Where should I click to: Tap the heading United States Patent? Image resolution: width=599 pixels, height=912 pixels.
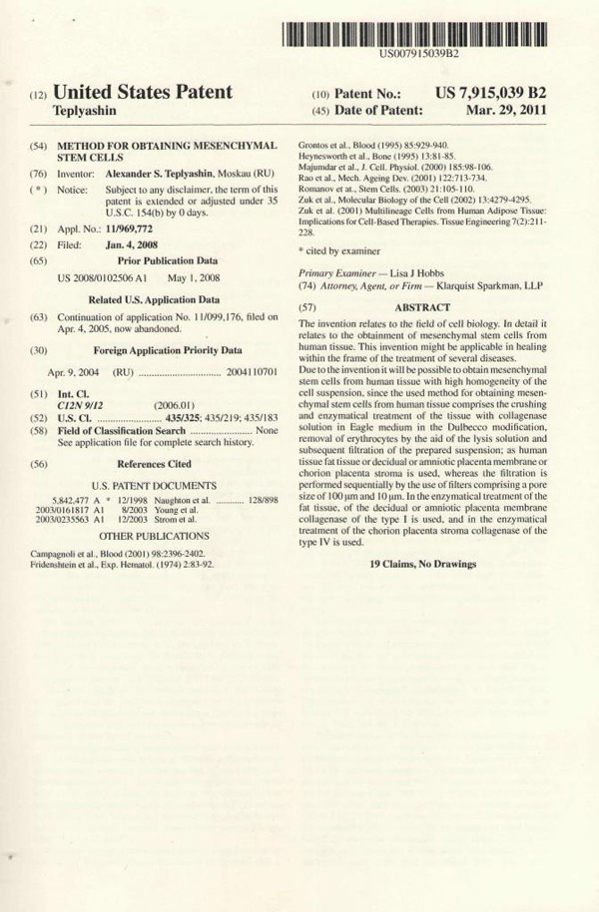click(x=143, y=93)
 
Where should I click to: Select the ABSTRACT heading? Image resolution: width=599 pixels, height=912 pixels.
click(x=422, y=307)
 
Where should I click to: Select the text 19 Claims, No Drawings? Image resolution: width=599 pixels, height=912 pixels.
click(x=422, y=564)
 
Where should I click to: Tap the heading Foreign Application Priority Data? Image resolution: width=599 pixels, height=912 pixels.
click(x=168, y=350)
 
